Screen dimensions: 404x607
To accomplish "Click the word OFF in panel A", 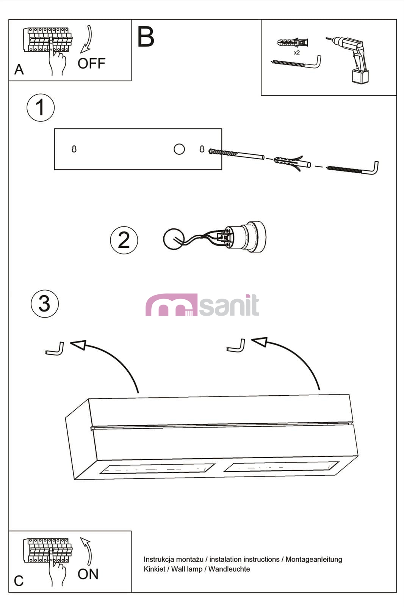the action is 91,64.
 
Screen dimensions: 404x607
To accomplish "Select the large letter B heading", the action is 146,36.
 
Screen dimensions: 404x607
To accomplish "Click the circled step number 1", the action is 41,108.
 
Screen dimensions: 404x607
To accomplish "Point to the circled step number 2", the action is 124,240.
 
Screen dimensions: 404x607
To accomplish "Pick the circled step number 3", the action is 45,303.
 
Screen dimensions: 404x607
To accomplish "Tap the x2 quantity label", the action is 297,53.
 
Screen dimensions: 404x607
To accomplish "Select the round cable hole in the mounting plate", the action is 179,149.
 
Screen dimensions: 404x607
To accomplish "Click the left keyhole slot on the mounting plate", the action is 74,149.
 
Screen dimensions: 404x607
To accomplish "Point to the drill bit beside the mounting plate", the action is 236,154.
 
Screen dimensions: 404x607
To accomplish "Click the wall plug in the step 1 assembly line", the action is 292,163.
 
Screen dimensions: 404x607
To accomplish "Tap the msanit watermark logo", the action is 202,305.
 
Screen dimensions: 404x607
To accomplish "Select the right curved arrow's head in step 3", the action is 260,342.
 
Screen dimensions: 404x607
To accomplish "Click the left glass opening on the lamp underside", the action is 157,469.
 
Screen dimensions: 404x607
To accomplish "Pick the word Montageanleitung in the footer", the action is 314,559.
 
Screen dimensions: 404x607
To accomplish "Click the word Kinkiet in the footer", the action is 154,569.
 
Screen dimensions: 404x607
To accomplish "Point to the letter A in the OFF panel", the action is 19,69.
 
